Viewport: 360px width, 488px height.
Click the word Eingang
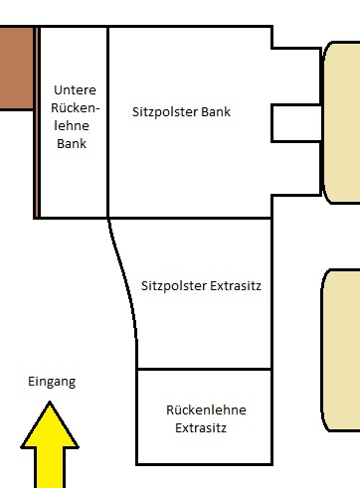(52, 382)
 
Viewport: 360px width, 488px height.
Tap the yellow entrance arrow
(50, 445)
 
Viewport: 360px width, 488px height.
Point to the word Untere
(75, 89)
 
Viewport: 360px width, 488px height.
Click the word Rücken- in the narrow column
(76, 107)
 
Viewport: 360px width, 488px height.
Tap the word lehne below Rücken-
(72, 125)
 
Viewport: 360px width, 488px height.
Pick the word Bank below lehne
(72, 144)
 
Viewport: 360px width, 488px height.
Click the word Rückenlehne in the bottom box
(206, 410)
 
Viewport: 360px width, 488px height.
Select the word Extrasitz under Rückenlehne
(201, 428)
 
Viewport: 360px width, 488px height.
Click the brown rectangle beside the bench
(16, 68)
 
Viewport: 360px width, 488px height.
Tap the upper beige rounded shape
(341, 122)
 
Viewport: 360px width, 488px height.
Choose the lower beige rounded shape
(341, 350)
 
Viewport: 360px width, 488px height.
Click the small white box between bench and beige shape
(296, 123)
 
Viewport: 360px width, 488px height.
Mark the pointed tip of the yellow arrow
(50, 402)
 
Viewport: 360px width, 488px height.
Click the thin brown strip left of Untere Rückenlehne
(36, 122)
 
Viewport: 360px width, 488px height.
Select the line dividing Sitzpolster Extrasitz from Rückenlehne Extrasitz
(205, 369)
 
